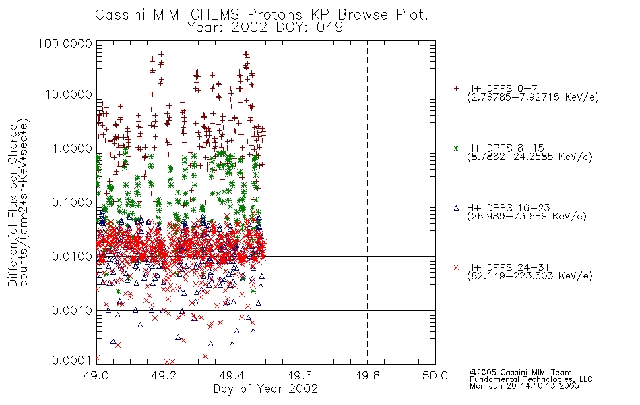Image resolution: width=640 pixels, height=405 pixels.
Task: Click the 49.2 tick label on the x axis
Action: (x=164, y=375)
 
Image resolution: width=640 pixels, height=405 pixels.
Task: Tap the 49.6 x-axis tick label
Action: (x=300, y=375)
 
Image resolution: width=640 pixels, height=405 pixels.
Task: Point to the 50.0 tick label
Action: (x=435, y=375)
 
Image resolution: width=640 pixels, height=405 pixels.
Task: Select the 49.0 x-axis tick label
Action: (x=96, y=375)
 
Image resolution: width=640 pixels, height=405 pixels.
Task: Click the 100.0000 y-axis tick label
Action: (x=65, y=44)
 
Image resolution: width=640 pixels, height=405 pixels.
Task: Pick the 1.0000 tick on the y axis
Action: (x=72, y=148)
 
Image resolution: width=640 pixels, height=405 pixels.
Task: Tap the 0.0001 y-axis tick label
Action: (x=72, y=360)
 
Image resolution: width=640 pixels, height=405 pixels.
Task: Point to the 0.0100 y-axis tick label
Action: (x=72, y=256)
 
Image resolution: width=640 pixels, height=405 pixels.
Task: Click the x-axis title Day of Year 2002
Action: (x=265, y=389)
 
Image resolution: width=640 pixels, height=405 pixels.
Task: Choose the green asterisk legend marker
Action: (x=456, y=148)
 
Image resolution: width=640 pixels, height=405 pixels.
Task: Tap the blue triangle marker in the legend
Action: (x=456, y=208)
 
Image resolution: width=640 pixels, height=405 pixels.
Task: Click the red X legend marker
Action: (x=456, y=267)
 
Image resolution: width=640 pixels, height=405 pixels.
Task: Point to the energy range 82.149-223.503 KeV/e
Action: (x=530, y=276)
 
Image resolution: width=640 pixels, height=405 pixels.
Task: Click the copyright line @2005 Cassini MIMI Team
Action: (x=521, y=373)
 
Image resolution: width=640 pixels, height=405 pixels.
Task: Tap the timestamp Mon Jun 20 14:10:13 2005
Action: (x=524, y=386)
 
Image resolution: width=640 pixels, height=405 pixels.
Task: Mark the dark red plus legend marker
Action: (x=456, y=88)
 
